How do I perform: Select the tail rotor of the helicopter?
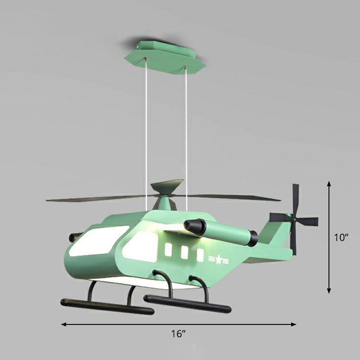(x=294, y=220)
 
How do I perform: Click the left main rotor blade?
(x=99, y=198)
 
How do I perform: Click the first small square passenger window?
(x=169, y=250)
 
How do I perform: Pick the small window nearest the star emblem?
(x=200, y=255)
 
